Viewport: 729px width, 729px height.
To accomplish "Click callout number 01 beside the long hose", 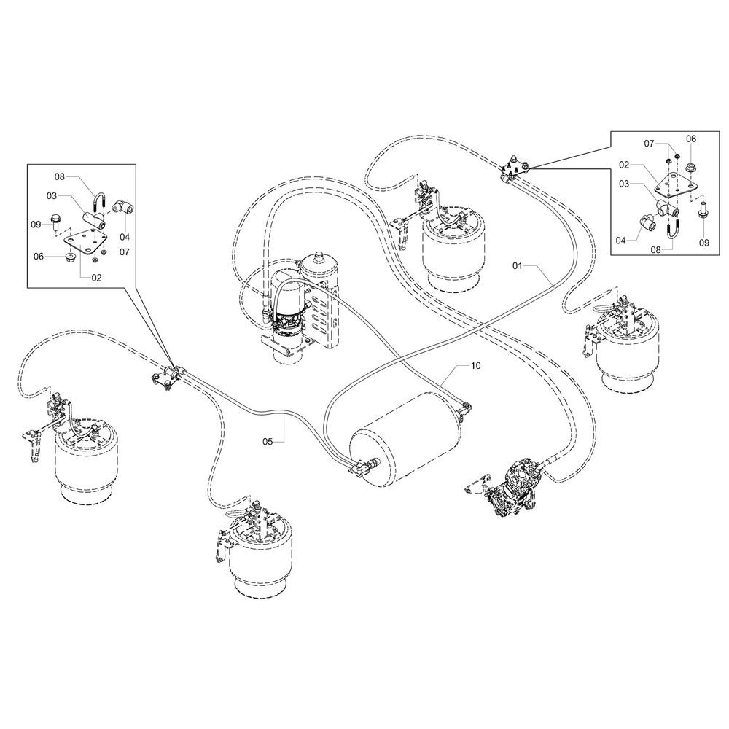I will (x=518, y=266).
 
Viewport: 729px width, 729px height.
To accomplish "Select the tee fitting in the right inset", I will (x=667, y=208).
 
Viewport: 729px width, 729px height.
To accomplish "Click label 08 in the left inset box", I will (x=60, y=176).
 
